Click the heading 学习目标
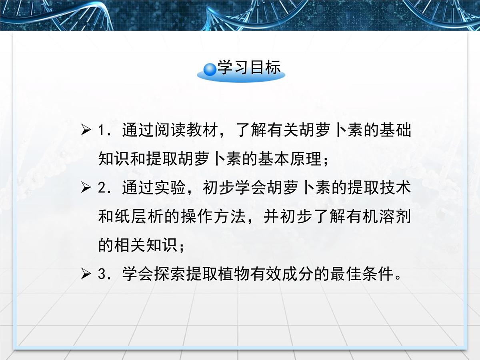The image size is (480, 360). point(249,68)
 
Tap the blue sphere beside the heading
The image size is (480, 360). point(210,70)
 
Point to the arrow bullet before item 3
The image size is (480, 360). point(86,274)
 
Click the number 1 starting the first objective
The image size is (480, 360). point(101,131)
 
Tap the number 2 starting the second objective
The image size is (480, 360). point(101,188)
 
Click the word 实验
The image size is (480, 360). point(170,188)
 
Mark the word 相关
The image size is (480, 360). point(130,245)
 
